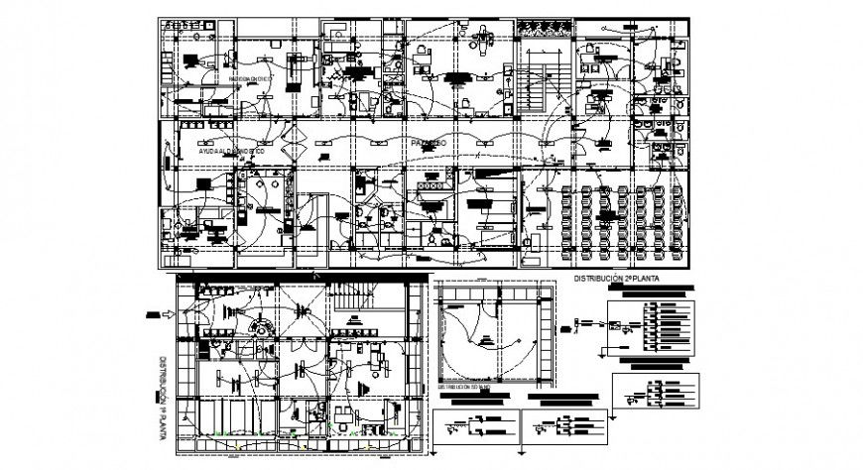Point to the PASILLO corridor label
tap(431, 144)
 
